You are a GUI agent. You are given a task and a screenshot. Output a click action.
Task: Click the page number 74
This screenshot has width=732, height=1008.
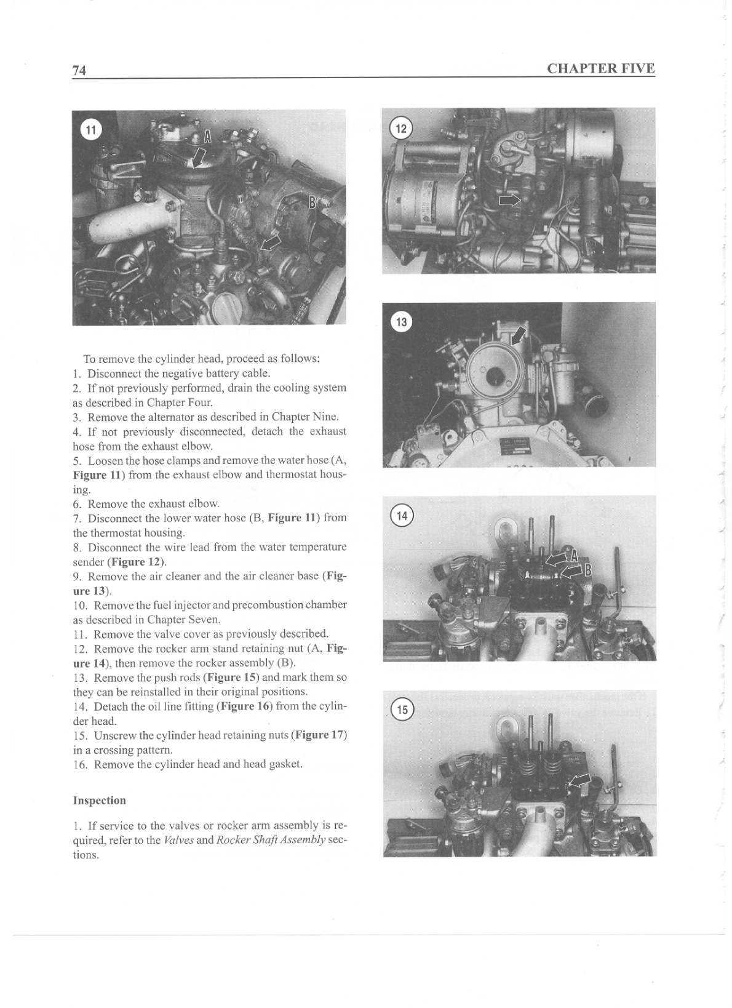[x=79, y=70]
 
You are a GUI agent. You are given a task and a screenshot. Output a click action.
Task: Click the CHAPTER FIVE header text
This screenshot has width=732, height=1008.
[x=600, y=68]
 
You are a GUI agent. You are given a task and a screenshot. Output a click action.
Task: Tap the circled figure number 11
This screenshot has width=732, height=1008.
[x=90, y=129]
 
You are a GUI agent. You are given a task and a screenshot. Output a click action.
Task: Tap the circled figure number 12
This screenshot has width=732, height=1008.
[x=401, y=129]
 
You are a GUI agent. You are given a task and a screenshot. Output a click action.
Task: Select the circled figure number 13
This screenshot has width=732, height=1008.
[x=401, y=322]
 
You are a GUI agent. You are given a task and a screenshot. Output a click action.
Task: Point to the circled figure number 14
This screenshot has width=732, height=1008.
[x=401, y=516]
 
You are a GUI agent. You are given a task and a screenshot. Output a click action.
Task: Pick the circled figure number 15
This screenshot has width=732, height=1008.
[x=402, y=710]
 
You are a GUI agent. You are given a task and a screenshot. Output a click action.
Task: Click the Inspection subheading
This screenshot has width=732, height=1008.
[x=99, y=800]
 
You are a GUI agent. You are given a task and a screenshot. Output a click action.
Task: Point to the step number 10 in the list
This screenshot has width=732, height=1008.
[x=81, y=605]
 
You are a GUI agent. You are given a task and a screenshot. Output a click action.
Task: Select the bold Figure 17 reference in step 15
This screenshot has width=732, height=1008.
[x=319, y=735]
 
